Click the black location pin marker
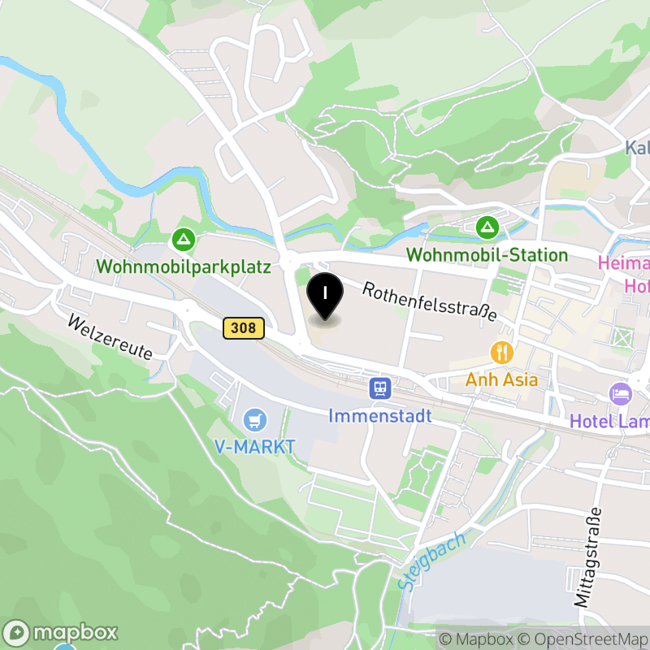326,298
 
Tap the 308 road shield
243,328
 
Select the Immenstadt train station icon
379,388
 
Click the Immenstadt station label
380,416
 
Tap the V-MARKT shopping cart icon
255,419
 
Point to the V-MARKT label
255,446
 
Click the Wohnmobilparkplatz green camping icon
184,239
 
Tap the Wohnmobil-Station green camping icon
487,227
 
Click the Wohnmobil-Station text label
487,255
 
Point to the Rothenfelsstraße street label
428,301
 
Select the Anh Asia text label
501,379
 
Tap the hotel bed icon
620,394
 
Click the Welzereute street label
110,337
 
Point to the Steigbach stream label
433,561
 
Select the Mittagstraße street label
591,557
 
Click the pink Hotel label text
624,275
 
